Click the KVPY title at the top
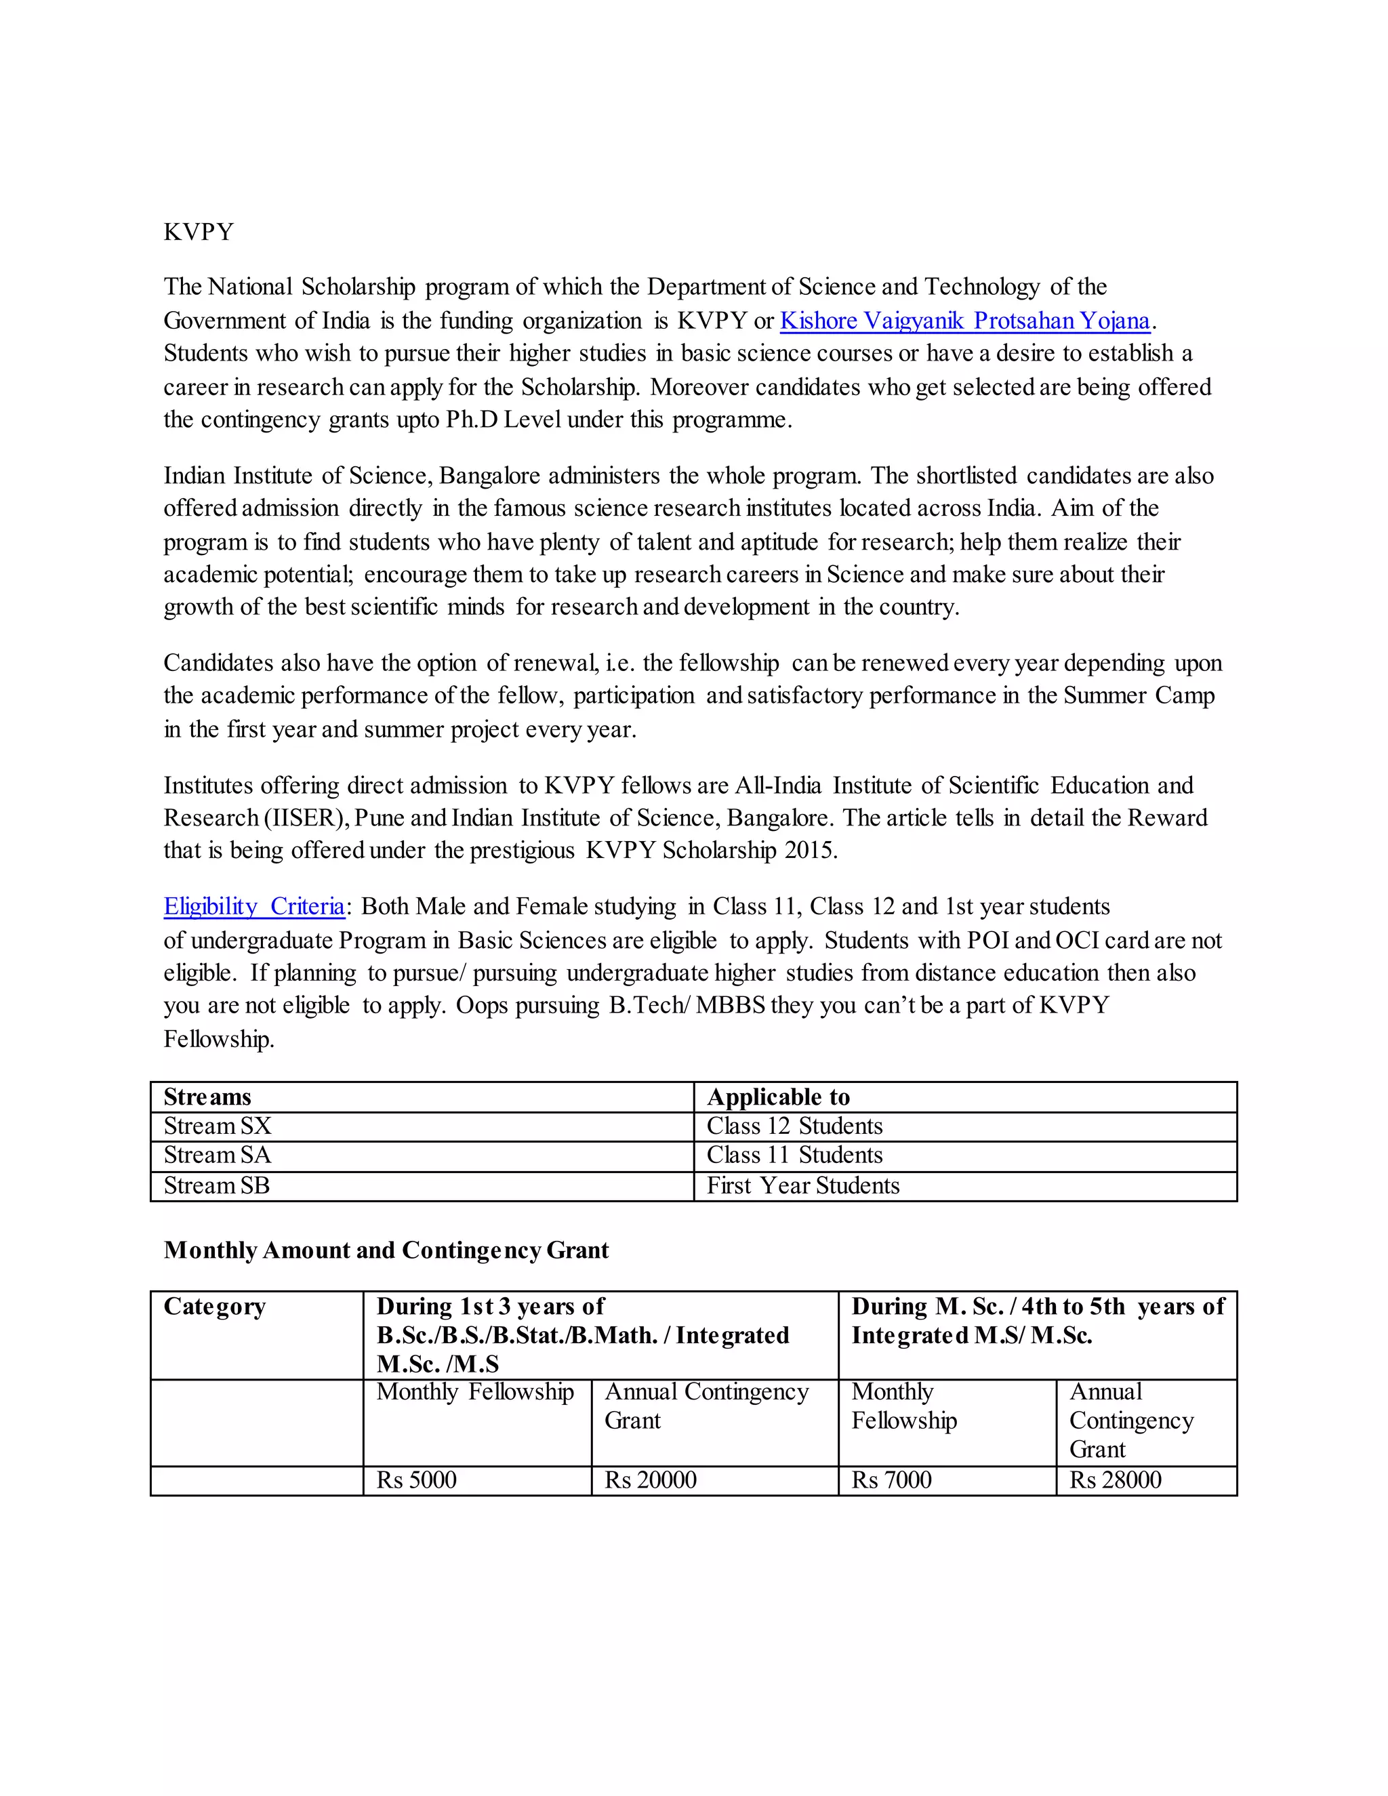tap(198, 232)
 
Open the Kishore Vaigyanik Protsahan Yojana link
tap(964, 321)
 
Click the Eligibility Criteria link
tap(254, 906)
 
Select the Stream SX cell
tap(217, 1126)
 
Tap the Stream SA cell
tap(217, 1156)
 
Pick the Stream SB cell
tap(216, 1186)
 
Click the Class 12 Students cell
tap(794, 1126)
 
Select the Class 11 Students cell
tap(794, 1156)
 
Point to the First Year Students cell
tap(802, 1186)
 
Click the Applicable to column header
tap(778, 1097)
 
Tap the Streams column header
tap(207, 1097)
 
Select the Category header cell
tap(215, 1306)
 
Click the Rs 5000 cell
tap(416, 1480)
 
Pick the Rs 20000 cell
tap(651, 1480)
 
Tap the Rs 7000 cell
tap(891, 1480)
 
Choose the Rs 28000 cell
tap(1115, 1480)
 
